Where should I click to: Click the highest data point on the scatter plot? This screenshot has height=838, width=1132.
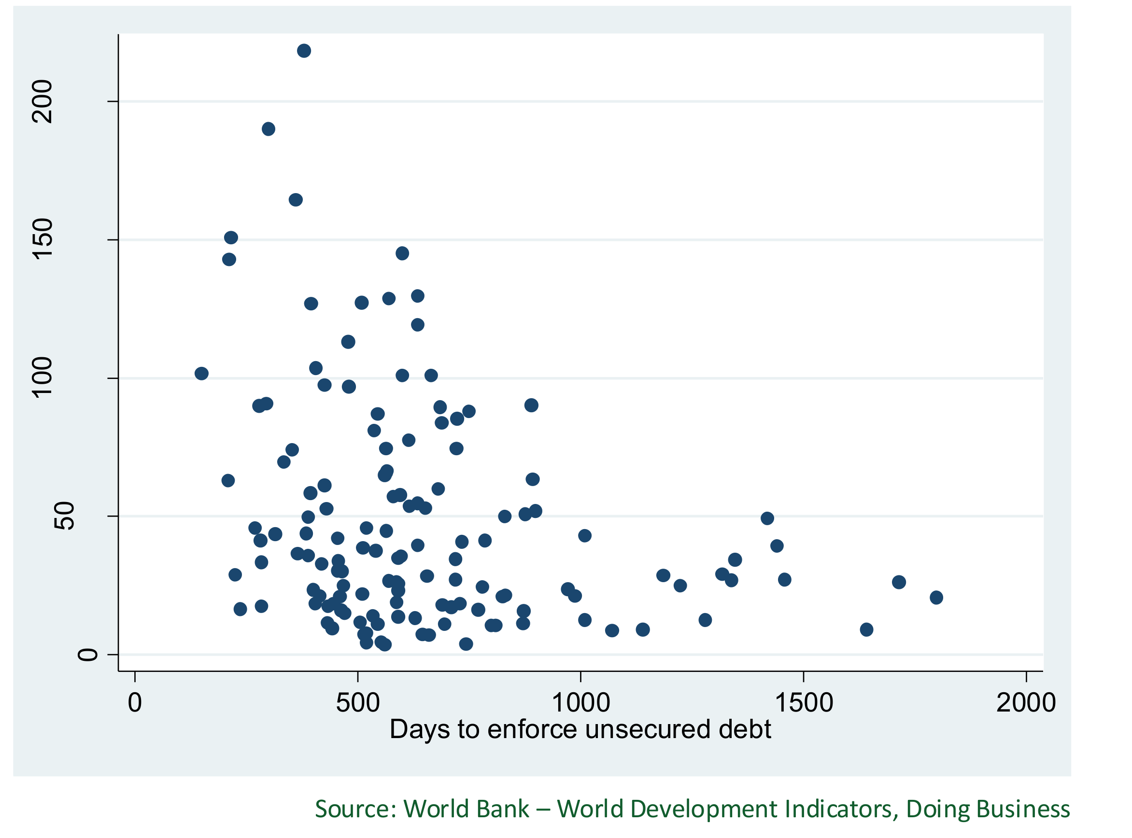[304, 51]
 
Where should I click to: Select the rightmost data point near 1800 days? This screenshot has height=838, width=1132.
[936, 598]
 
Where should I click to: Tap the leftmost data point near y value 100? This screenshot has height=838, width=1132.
[201, 373]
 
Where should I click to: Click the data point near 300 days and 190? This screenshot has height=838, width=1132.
[269, 129]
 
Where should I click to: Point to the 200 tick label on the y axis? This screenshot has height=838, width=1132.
[42, 101]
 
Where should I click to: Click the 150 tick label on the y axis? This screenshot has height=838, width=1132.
[42, 239]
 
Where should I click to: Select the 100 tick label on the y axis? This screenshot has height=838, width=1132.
[42, 377]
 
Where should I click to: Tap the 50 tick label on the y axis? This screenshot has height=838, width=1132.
[64, 516]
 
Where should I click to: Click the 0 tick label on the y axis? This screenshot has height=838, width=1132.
[87, 655]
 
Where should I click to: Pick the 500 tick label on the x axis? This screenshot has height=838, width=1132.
[358, 703]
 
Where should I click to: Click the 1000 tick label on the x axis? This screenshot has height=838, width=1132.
[580, 703]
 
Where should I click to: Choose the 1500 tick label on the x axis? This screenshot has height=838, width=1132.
[804, 703]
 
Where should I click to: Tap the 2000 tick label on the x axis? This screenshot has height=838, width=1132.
[1026, 703]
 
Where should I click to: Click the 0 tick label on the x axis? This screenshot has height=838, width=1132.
[135, 703]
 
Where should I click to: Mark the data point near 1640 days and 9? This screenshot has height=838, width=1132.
[867, 629]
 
